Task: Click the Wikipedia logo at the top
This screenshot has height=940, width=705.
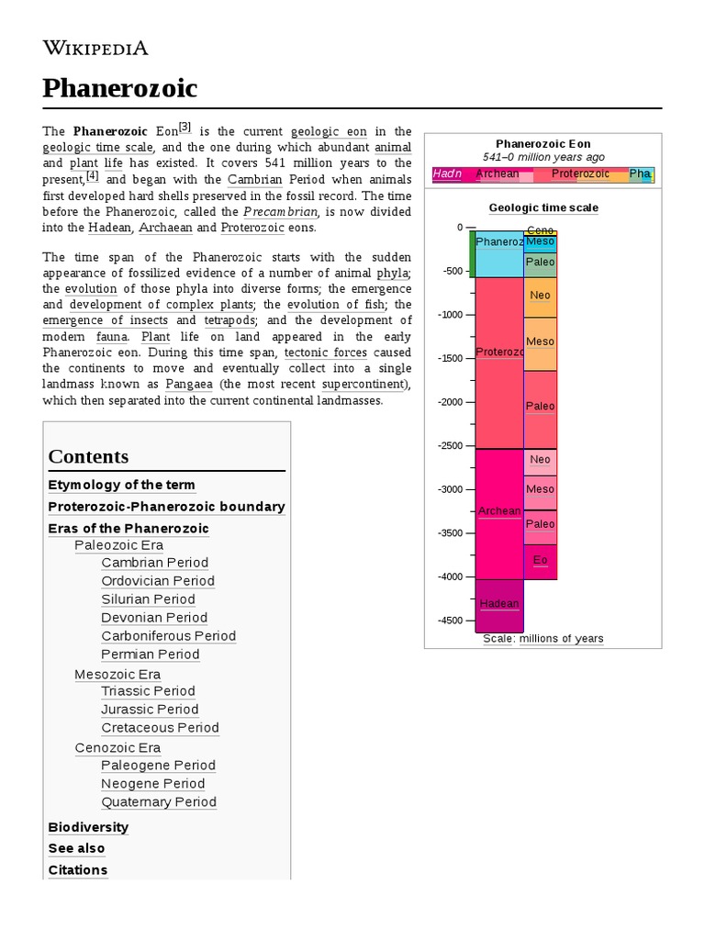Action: coord(95,48)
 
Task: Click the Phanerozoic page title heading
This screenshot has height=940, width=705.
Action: coord(119,88)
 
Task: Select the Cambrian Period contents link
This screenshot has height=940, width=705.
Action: coord(154,563)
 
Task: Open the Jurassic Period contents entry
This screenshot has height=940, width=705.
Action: coord(150,710)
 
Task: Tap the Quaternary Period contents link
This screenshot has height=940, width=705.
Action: coord(159,801)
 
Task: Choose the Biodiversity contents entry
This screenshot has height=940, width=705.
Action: coord(88,827)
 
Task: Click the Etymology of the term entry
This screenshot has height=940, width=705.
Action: coord(121,485)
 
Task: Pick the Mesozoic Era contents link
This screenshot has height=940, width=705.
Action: coord(117,675)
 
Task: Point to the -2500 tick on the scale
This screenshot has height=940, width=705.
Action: coord(451,445)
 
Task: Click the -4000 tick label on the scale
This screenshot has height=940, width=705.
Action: coord(451,576)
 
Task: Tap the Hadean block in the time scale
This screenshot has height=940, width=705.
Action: coord(498,604)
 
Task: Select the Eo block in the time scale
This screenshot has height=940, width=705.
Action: coord(540,560)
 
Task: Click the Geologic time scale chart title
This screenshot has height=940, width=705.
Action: coord(543,207)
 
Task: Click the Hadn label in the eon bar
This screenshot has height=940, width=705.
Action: coord(447,173)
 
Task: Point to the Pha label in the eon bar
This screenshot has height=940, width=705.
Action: coord(640,173)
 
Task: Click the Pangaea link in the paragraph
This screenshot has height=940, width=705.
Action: coord(190,384)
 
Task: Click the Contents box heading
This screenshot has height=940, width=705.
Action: coord(88,456)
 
